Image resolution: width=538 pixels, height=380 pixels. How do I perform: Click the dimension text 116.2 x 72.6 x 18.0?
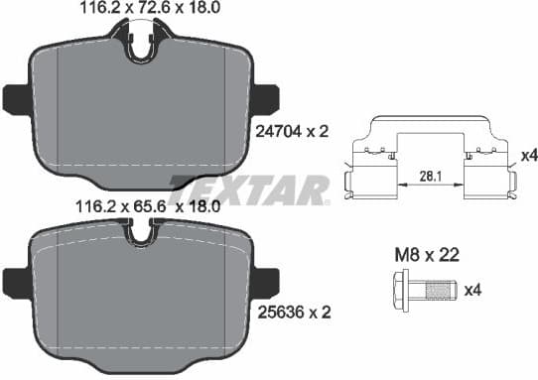coord(142,11)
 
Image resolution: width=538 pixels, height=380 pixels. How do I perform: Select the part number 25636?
coord(271,313)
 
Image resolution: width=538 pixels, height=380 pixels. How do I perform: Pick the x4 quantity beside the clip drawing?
coord(528,156)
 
